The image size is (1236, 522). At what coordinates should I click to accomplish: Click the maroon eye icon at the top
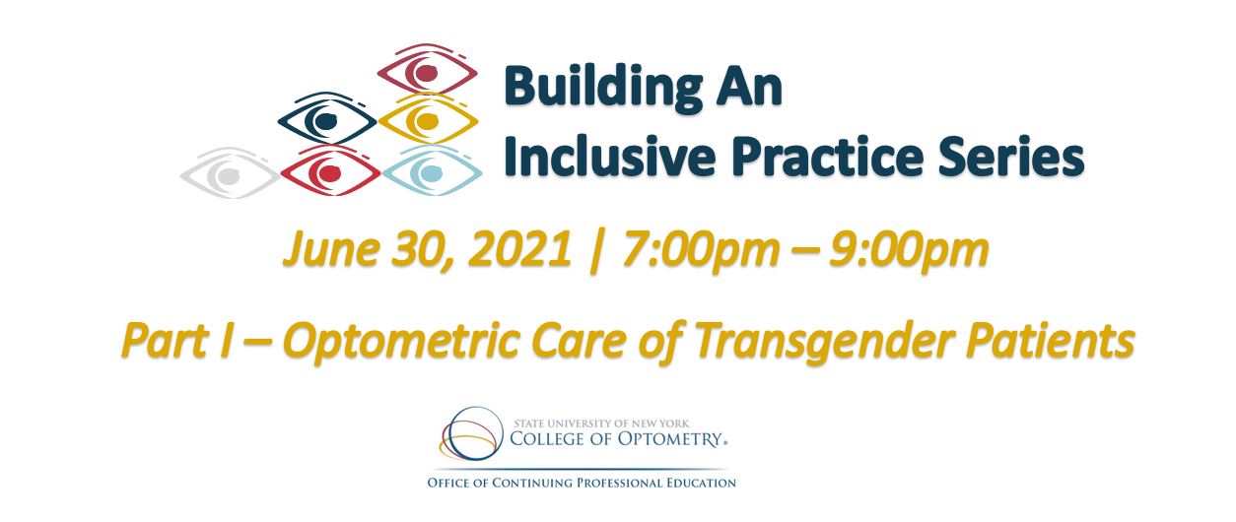(x=427, y=71)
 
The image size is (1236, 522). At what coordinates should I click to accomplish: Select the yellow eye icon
(x=428, y=120)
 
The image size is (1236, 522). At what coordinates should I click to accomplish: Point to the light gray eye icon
(x=229, y=173)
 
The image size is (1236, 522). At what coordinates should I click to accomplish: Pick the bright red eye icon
(x=330, y=172)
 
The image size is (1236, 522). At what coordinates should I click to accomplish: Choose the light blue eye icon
(x=432, y=171)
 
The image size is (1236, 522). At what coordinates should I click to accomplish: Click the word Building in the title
(x=603, y=87)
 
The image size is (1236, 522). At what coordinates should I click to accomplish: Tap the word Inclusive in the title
(x=609, y=156)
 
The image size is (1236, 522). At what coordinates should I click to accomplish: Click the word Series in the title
(x=1011, y=156)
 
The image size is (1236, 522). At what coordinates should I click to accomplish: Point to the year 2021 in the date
(x=520, y=249)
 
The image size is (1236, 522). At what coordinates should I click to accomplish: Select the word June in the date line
(x=330, y=249)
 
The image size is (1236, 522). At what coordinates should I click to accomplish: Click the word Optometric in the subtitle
(x=401, y=341)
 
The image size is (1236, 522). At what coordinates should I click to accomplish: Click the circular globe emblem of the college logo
(x=471, y=433)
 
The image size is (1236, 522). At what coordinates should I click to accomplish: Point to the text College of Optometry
(x=616, y=438)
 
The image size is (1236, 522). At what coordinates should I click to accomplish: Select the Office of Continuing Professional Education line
(x=582, y=484)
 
